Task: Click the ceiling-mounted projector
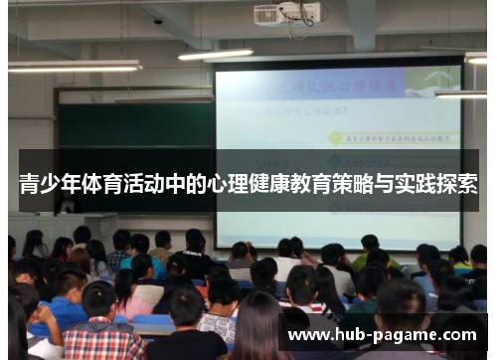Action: tap(287, 14)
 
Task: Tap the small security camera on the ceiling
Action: tap(158, 20)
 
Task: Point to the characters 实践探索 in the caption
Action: tap(438, 183)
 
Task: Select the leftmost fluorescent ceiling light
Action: tap(75, 66)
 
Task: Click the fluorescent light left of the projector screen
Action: tap(215, 55)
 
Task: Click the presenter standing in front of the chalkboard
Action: tap(68, 203)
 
